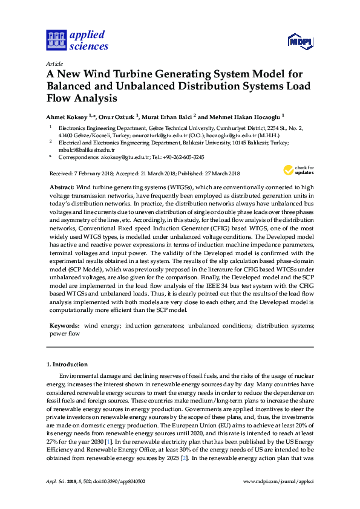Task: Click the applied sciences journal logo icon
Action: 56,41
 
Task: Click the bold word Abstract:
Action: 62,189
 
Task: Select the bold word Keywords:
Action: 64,325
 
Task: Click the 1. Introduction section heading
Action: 67,365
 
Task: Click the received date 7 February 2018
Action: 96,173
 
